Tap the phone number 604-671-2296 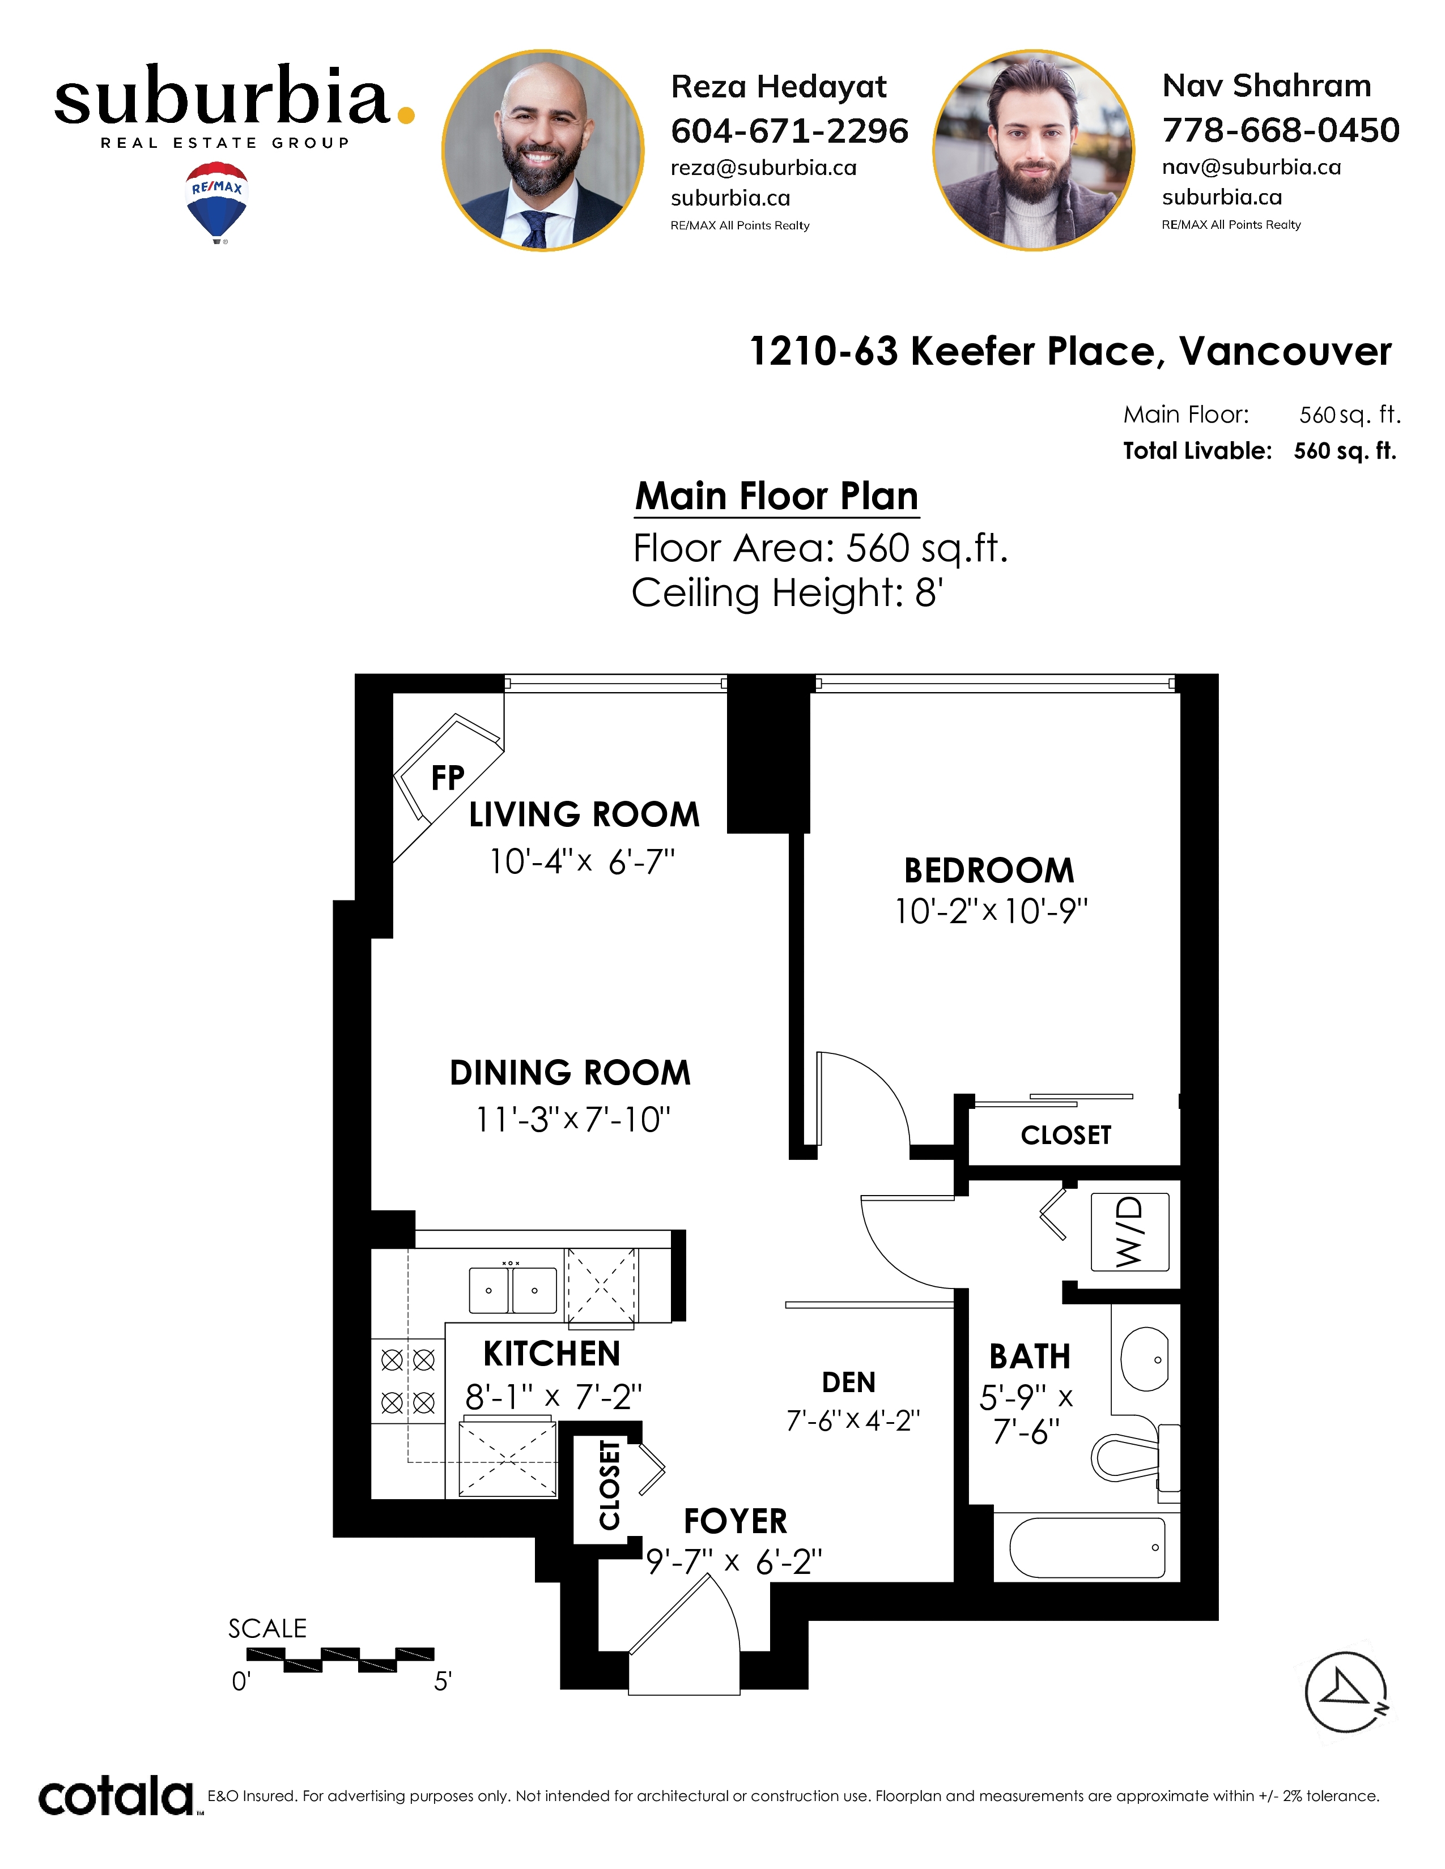[789, 131]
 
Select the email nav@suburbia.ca [1251, 167]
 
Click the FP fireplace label [448, 778]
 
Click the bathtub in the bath [1087, 1547]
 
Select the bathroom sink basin [1145, 1359]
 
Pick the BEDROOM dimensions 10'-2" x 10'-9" [991, 911]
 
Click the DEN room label [848, 1382]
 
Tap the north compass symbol [1346, 1692]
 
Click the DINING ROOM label [570, 1072]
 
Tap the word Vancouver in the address [1285, 352]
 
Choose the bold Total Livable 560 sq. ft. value [1345, 451]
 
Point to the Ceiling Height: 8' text [788, 593]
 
